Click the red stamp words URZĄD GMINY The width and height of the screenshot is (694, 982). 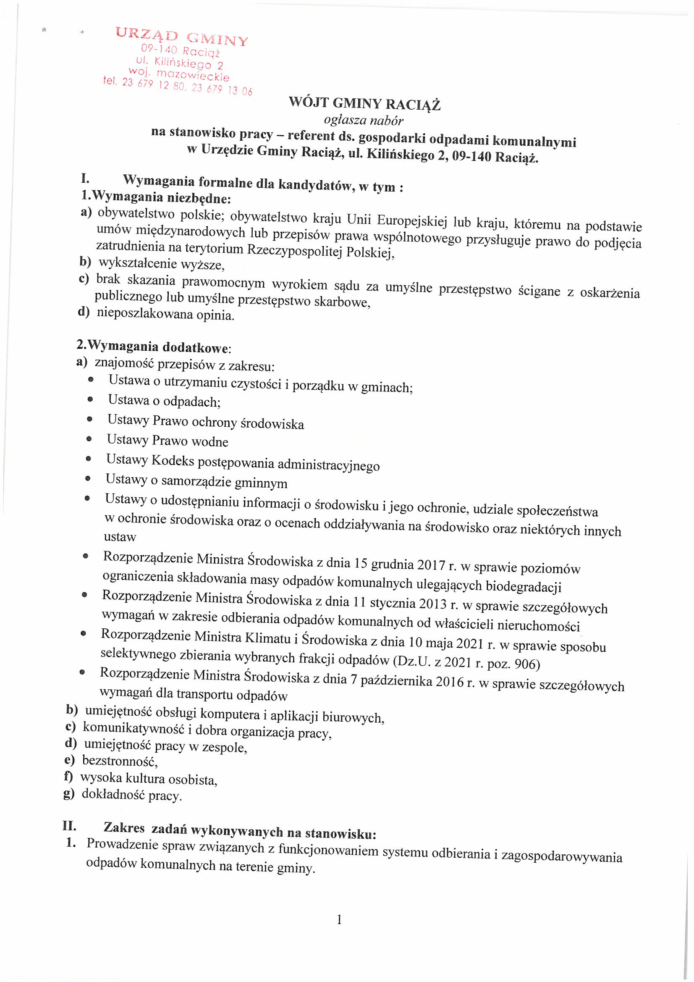pos(181,36)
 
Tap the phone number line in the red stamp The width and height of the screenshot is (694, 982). pos(178,86)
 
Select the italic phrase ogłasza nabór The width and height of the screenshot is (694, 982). pos(364,121)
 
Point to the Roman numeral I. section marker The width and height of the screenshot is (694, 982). pos(85,179)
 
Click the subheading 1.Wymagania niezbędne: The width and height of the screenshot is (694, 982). pos(157,197)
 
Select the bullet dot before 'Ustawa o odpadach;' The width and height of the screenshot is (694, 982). pos(90,399)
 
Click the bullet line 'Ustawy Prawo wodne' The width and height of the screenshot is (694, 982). pos(168,440)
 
